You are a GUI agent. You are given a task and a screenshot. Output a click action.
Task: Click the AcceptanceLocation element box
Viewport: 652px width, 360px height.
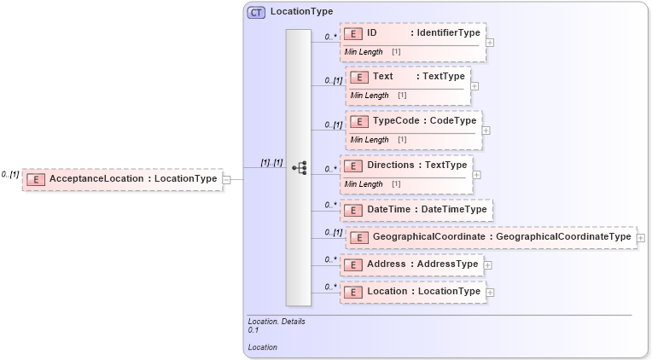click(x=123, y=179)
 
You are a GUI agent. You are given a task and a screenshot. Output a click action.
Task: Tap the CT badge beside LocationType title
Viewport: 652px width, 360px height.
click(x=255, y=12)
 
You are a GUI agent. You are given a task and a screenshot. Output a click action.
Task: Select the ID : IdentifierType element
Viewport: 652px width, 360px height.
click(x=413, y=33)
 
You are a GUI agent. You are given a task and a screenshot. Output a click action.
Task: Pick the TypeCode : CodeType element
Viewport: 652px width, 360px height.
click(x=412, y=121)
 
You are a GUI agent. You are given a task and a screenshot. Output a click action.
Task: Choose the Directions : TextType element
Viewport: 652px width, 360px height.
click(x=407, y=165)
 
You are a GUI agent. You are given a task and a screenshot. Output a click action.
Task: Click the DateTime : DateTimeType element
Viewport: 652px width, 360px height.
click(x=416, y=209)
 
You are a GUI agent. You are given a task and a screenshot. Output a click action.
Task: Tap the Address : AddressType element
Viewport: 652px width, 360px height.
click(x=412, y=264)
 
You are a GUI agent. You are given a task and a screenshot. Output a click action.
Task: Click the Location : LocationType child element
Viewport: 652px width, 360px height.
click(x=413, y=292)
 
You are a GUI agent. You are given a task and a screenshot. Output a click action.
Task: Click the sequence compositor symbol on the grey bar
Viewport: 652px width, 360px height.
click(x=299, y=168)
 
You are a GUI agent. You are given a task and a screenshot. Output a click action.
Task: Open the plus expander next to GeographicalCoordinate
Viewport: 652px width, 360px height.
click(x=640, y=237)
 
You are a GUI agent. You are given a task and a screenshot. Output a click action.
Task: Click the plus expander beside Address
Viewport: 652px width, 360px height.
click(x=487, y=265)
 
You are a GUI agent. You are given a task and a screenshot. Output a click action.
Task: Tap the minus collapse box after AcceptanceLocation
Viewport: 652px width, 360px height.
click(x=226, y=179)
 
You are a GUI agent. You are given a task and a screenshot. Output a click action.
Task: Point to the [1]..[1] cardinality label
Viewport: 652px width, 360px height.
click(x=271, y=162)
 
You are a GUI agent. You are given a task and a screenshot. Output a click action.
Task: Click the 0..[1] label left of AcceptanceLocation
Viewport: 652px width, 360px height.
click(x=10, y=174)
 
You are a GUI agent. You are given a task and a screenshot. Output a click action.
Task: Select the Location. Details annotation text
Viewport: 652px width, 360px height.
click(x=276, y=322)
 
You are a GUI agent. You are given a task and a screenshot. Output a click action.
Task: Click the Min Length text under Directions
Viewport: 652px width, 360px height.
click(x=363, y=183)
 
